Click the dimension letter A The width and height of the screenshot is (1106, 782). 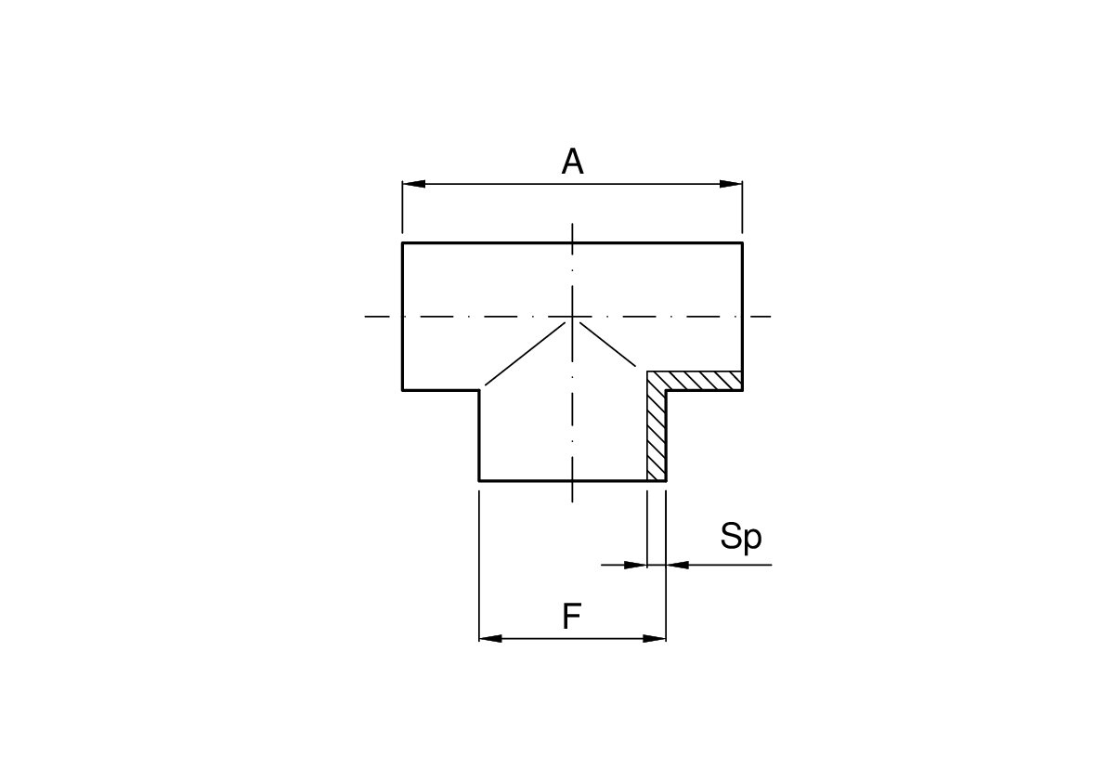tap(572, 162)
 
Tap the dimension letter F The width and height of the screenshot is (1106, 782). tap(571, 617)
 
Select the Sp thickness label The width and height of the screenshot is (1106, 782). tap(741, 538)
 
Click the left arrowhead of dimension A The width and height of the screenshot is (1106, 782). tap(414, 184)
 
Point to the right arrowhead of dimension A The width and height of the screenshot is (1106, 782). tap(731, 184)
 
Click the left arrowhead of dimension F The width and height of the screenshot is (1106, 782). tap(490, 638)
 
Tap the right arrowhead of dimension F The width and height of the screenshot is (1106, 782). tap(655, 638)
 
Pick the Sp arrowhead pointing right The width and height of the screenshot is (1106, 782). tap(635, 565)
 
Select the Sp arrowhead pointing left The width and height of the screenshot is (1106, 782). tap(678, 565)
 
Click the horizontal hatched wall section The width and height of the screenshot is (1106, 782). tap(695, 381)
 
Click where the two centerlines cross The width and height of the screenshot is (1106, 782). tap(572, 316)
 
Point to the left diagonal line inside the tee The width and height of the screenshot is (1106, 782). tap(526, 354)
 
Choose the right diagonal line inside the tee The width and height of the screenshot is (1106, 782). tap(607, 345)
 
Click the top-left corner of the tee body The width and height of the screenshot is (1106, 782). tap(403, 242)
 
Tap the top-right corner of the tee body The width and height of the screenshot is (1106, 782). tap(743, 242)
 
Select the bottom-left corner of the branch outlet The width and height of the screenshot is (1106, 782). tap(479, 481)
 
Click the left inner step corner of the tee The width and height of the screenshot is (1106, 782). tap(479, 390)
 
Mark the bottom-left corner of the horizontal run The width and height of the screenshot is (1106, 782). tap(403, 390)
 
